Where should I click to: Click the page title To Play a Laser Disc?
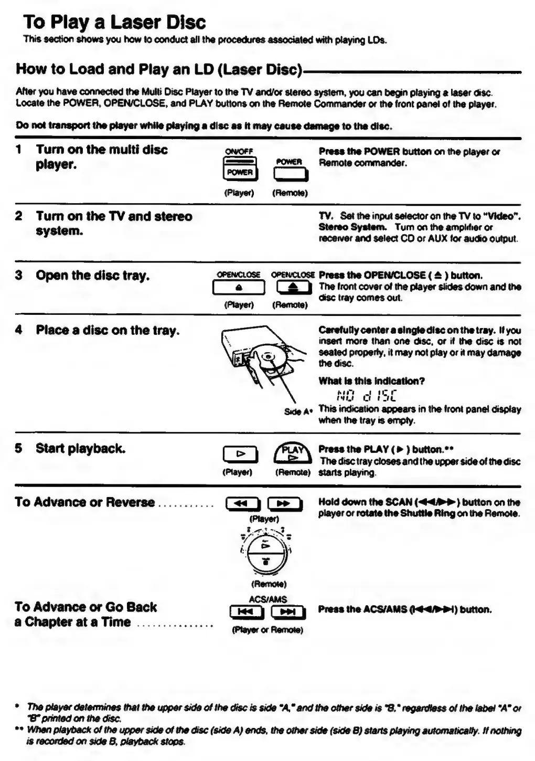click(x=114, y=22)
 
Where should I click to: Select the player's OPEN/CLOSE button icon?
click(x=239, y=288)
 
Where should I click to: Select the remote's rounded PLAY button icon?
click(x=292, y=453)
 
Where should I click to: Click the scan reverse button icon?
click(x=242, y=504)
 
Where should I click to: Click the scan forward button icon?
click(x=284, y=504)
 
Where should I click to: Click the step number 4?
click(x=19, y=330)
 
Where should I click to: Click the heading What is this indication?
click(x=371, y=381)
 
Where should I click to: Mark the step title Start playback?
click(x=80, y=449)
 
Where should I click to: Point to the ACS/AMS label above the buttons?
click(x=267, y=599)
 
